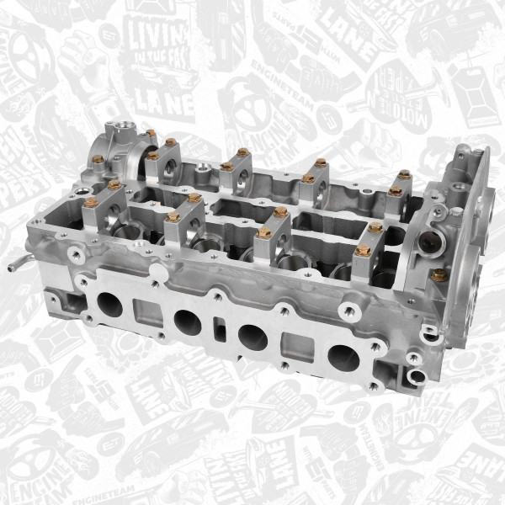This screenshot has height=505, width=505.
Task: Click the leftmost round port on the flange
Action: [110, 304]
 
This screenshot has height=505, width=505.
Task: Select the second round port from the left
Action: [188, 322]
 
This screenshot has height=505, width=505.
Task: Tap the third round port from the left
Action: [252, 337]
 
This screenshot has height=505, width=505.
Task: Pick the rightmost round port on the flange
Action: [343, 358]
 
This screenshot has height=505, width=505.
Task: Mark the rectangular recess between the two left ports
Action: [146, 315]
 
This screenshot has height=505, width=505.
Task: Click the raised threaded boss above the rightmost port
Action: [347, 310]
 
